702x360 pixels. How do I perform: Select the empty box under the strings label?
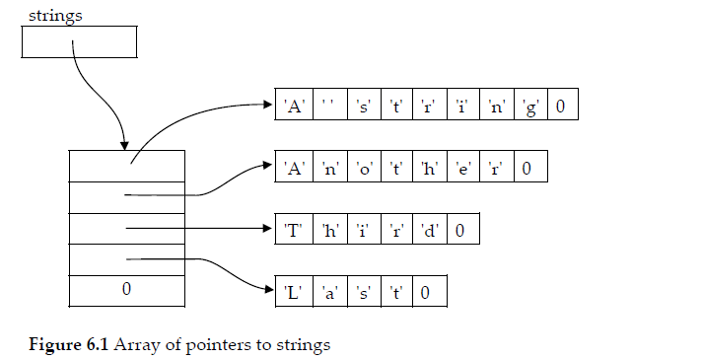pyautogui.click(x=78, y=41)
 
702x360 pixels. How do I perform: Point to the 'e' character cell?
pyautogui.click(x=463, y=169)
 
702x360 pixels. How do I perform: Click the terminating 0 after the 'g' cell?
pyautogui.click(x=560, y=107)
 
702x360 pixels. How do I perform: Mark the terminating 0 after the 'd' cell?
pyautogui.click(x=461, y=231)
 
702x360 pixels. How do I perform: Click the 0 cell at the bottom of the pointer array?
pyautogui.click(x=126, y=290)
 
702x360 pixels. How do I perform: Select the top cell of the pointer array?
pyautogui.click(x=126, y=166)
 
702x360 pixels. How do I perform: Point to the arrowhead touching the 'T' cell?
pyautogui.click(x=268, y=229)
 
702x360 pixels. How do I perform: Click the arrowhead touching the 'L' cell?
pyautogui.click(x=268, y=289)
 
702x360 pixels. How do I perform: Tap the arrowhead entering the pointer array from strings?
pyautogui.click(x=123, y=143)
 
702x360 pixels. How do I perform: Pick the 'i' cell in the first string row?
pyautogui.click(x=463, y=107)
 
